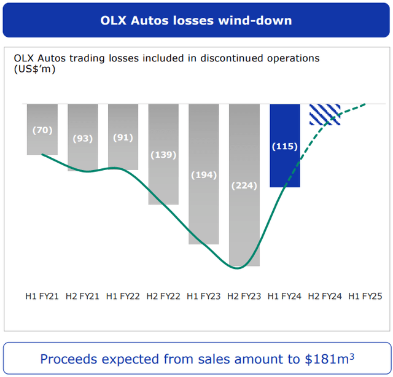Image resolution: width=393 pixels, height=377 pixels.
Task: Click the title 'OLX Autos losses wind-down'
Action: [x=196, y=20]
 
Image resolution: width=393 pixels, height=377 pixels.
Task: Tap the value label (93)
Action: [x=83, y=139]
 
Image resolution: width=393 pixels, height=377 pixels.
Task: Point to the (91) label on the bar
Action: [x=123, y=138]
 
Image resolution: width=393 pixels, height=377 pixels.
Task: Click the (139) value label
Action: [x=163, y=155]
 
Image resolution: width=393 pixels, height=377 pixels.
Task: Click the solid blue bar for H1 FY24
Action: [x=285, y=166]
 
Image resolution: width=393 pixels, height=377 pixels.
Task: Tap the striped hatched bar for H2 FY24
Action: [x=325, y=114]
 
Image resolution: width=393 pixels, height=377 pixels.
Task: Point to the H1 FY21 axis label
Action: [x=42, y=297]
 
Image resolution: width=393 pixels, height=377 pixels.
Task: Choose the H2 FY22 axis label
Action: [x=163, y=297]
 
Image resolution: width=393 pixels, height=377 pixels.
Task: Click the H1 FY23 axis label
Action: [x=204, y=297]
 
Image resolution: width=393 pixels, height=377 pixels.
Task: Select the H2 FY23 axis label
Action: [x=244, y=297]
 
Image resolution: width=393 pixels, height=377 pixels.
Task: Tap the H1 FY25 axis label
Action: [x=365, y=297]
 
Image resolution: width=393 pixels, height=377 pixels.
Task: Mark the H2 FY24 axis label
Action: [x=325, y=297]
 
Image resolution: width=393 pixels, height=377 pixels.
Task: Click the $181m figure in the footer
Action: [x=327, y=359]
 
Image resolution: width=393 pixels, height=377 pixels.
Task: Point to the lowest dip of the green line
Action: [x=237, y=268]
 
